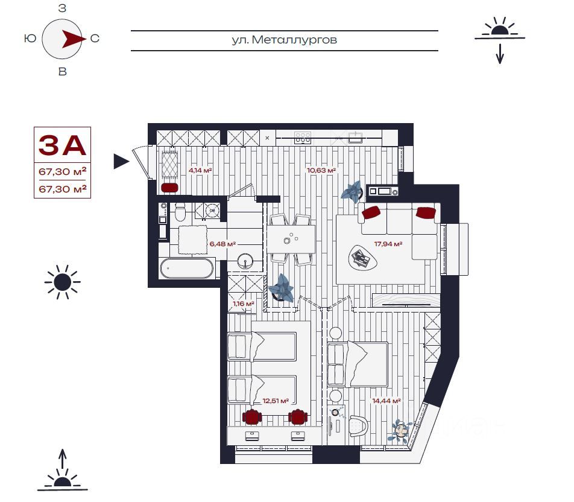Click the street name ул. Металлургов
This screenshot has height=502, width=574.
284,40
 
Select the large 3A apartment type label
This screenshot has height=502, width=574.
62,145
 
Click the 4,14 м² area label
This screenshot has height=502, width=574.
200,170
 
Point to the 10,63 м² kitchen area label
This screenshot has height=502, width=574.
321,170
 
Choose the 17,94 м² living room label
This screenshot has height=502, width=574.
388,244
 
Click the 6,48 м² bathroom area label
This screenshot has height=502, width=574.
222,244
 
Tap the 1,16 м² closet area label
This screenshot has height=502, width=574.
244,303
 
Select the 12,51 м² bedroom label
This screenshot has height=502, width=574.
276,401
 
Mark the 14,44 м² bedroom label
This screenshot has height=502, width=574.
386,401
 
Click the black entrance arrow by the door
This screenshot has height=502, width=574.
122,161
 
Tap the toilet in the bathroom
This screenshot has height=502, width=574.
180,211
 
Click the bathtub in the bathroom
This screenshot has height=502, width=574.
187,268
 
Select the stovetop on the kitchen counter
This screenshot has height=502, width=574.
303,138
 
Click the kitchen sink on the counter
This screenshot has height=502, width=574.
355,138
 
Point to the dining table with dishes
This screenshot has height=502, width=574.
291,240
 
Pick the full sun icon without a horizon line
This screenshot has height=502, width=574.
62,282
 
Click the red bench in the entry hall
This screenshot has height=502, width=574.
169,188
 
